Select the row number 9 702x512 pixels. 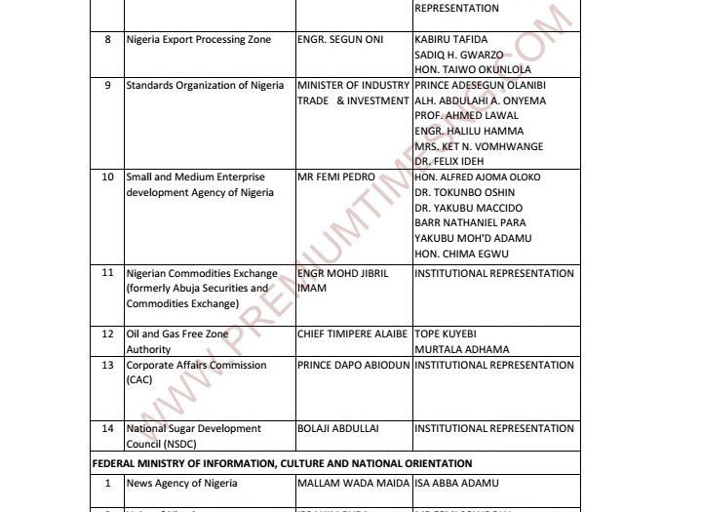[107, 86]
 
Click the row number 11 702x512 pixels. [107, 273]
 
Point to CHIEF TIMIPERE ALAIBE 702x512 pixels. [352, 334]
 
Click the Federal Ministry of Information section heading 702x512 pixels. [282, 463]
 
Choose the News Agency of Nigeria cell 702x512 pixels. [182, 483]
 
